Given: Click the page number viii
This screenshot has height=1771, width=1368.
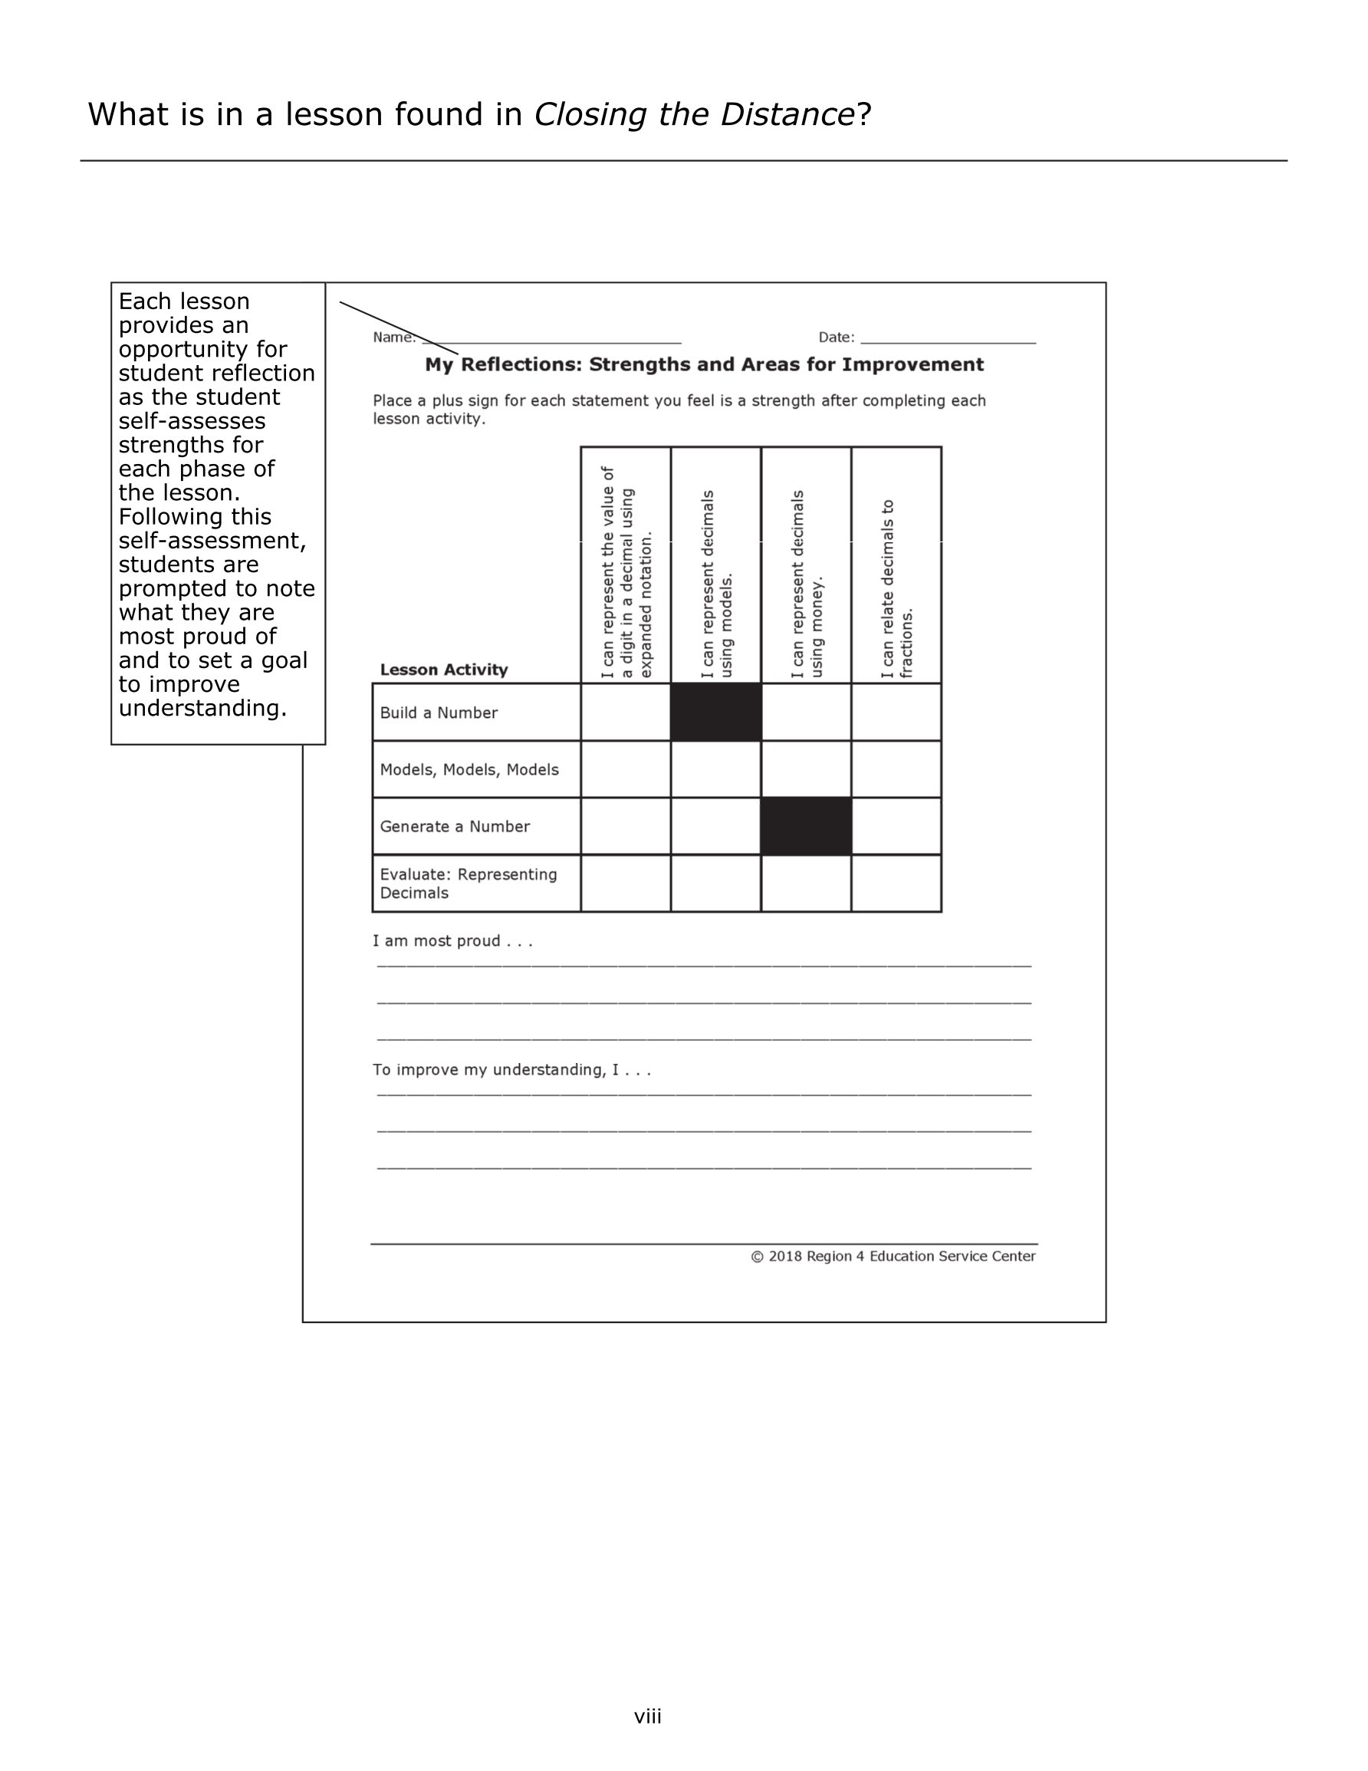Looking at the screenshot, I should coord(647,1716).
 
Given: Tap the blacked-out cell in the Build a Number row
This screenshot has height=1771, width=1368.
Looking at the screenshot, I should coord(715,712).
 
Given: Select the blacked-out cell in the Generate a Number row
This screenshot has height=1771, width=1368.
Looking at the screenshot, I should coord(805,825).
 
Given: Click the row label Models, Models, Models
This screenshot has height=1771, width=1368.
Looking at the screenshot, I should coord(469,769).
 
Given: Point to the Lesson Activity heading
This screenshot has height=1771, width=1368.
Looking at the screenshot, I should coord(443,670).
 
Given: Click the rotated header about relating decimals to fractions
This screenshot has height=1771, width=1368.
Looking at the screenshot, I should coord(896,588).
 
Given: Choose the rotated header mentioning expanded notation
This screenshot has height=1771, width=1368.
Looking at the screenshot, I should coord(626,571).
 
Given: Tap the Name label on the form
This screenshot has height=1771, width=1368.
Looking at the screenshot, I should coord(393,337).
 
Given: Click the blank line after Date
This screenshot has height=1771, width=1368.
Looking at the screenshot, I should coord(948,339).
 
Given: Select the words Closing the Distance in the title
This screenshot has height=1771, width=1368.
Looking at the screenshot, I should coord(693,114).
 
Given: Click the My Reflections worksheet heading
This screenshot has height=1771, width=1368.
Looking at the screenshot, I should coord(704,365).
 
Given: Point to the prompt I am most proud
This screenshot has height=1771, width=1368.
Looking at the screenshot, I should coord(452,940).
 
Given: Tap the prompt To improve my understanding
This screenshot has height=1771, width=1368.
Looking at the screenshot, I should coord(511,1069).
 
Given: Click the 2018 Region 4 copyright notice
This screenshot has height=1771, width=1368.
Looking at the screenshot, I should coord(893,1256).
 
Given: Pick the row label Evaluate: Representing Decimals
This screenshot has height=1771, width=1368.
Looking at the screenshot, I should coord(468,883).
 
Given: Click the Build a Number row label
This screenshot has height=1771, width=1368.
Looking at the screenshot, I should coord(438,713).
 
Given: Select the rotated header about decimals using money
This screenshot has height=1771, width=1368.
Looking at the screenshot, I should coord(807,584).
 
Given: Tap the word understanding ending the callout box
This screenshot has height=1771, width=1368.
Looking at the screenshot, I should coord(202,708).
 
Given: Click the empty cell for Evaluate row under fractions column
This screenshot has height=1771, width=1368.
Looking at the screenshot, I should coord(896,883).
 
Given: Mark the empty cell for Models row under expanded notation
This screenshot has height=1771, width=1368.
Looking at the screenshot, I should coord(625,769).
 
